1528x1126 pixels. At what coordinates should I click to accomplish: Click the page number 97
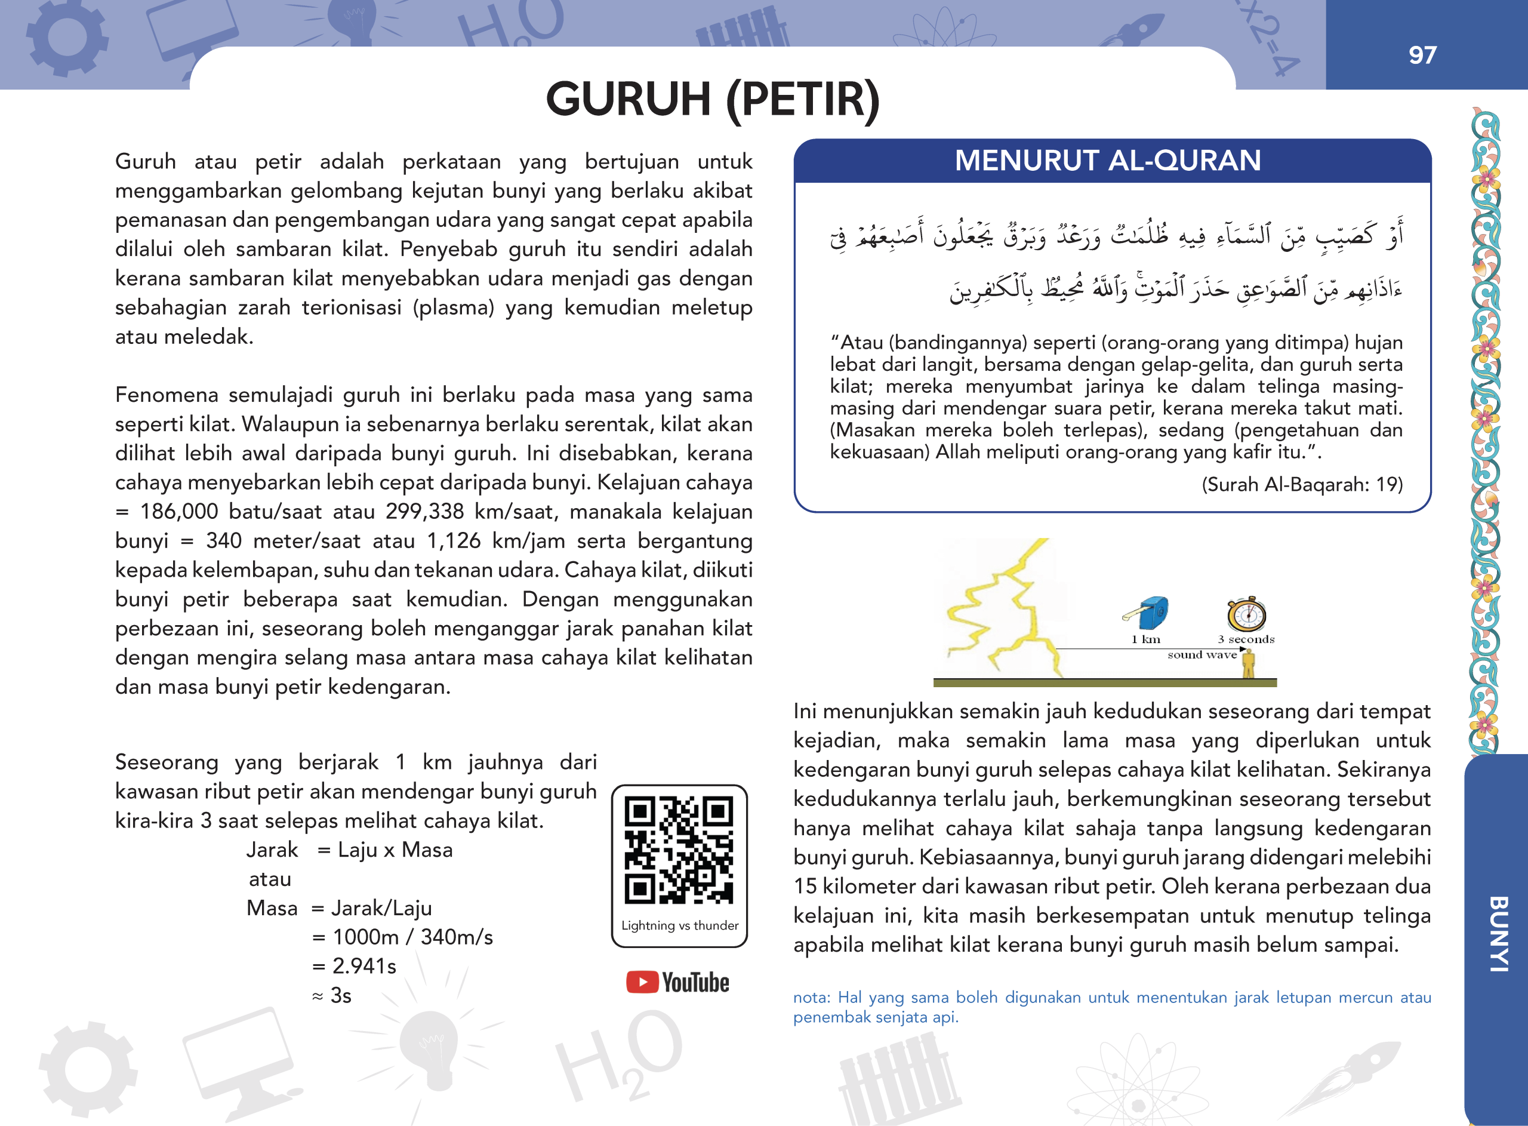point(1422,55)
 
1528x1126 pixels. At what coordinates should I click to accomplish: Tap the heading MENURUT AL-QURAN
point(1107,161)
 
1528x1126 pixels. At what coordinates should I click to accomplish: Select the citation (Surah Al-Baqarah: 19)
point(1301,485)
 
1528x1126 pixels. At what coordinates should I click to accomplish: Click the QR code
point(679,850)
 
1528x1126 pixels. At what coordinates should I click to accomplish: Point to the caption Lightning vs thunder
point(679,925)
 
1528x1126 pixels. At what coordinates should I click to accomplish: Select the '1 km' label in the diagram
point(1146,639)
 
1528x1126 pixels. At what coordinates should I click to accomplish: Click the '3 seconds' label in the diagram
point(1246,639)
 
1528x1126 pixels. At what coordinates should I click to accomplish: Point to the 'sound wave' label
point(1202,655)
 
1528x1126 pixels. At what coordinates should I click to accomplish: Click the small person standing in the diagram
point(1248,664)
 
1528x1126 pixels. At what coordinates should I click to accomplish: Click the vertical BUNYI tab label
point(1498,933)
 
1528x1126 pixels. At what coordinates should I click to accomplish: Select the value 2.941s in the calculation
point(363,967)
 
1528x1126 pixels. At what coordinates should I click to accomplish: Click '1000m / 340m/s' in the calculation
point(412,937)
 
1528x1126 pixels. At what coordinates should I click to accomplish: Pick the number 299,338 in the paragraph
point(424,512)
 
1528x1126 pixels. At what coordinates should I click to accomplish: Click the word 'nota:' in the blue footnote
point(811,998)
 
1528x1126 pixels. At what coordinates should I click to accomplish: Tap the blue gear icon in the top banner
point(66,38)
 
